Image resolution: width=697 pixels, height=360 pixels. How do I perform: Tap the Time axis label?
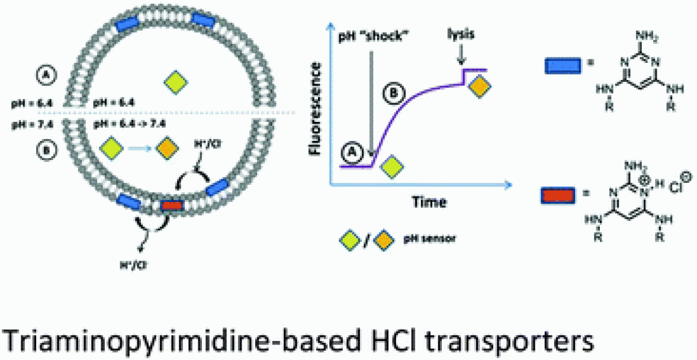[x=430, y=201]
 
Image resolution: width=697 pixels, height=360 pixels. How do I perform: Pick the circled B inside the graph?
[x=392, y=94]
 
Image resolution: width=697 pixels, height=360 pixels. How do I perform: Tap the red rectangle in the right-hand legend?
[x=558, y=194]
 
